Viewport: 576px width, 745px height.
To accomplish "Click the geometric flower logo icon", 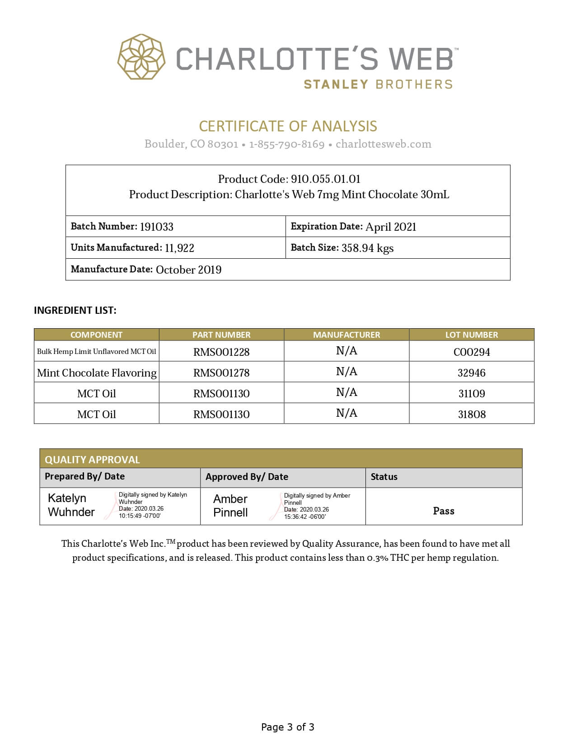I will pyautogui.click(x=141, y=57).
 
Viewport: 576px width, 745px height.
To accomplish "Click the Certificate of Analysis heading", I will pyautogui.click(x=288, y=126).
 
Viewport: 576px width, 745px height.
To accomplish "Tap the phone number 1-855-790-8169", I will pyautogui.click(x=286, y=144).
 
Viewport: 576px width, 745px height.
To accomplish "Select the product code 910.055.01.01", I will pyautogui.click(x=325, y=179).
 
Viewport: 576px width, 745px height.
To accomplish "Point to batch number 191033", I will pyautogui.click(x=156, y=227).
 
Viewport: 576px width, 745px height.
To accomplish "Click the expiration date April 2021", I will pyautogui.click(x=391, y=227).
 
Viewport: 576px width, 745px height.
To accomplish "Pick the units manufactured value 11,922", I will pyautogui.click(x=179, y=248).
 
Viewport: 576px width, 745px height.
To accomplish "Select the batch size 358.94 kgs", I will pyautogui.click(x=367, y=248).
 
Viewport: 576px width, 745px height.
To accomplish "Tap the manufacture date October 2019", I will pyautogui.click(x=188, y=270).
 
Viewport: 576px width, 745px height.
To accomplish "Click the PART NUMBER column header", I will pyautogui.click(x=221, y=335).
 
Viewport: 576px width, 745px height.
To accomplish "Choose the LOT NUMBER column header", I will pyautogui.click(x=472, y=335).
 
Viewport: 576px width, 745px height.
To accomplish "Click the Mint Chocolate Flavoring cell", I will pyautogui.click(x=97, y=372).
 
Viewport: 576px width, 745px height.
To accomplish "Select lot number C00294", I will pyautogui.click(x=472, y=352).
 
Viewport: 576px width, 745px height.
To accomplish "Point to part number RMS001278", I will pyautogui.click(x=221, y=372).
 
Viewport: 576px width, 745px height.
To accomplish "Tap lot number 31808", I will pyautogui.click(x=472, y=414).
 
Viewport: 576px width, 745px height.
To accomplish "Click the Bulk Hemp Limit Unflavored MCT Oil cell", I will pyautogui.click(x=97, y=351).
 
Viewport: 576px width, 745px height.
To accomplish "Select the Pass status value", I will pyautogui.click(x=444, y=511).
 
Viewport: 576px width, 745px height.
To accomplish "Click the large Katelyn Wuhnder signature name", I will pyautogui.click(x=71, y=505).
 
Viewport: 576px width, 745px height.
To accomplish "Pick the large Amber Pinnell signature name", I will pyautogui.click(x=230, y=506).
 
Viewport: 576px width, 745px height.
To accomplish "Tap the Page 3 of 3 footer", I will pyautogui.click(x=288, y=727).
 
